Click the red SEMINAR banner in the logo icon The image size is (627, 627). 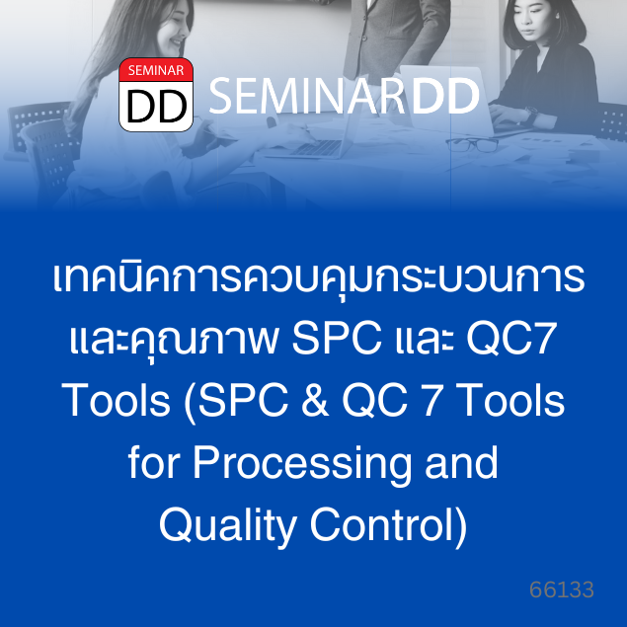(156, 70)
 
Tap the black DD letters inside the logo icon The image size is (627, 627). (156, 107)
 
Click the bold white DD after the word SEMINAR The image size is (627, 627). (445, 96)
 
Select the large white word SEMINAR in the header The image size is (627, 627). (307, 96)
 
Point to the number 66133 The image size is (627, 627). (562, 589)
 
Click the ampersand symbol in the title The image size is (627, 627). (316, 400)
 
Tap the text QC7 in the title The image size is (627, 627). (511, 339)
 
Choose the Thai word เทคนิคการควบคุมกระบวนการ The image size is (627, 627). (318, 277)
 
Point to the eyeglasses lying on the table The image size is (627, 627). (472, 145)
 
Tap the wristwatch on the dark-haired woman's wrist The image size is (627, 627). (531, 114)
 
